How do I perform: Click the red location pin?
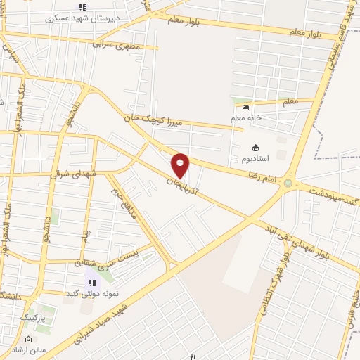181,165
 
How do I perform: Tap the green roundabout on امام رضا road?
288,183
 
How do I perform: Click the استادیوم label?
256,159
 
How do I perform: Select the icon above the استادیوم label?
255,148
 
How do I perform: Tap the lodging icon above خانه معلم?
245,107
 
